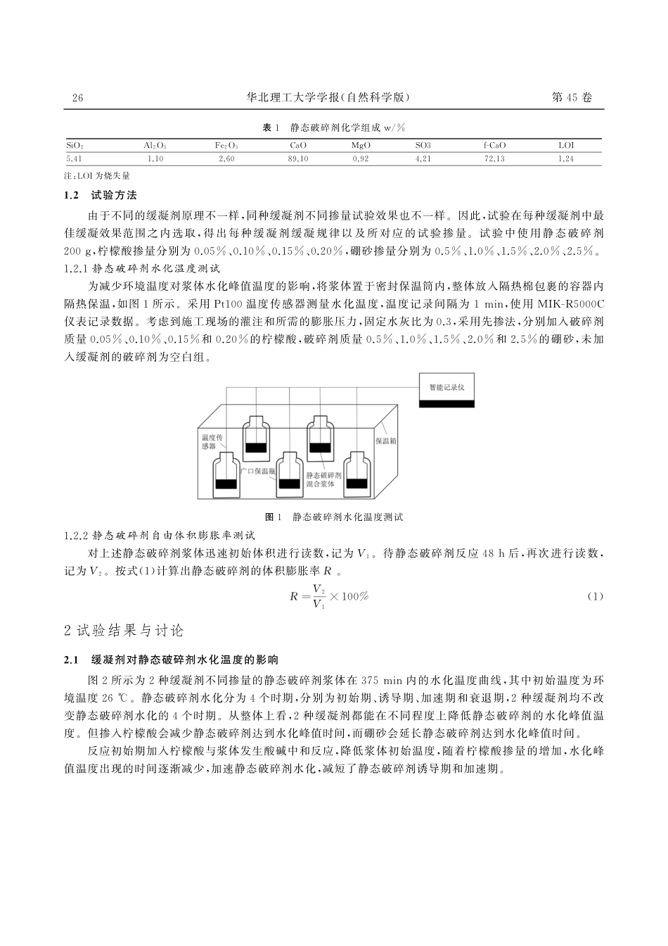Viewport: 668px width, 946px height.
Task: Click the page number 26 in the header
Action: [77, 99]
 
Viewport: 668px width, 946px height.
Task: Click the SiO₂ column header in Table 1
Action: [75, 146]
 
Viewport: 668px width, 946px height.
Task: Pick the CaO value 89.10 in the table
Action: [298, 159]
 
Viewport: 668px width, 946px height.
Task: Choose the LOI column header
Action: [566, 146]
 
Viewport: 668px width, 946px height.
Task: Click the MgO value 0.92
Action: [361, 159]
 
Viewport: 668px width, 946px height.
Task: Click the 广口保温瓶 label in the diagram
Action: [258, 470]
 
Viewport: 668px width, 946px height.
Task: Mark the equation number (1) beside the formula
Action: [595, 597]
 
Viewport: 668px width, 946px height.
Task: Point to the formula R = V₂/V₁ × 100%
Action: [329, 597]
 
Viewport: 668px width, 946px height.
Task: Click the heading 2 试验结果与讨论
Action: [124, 630]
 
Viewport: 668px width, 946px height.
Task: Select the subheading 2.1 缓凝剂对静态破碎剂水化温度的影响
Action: [172, 660]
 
